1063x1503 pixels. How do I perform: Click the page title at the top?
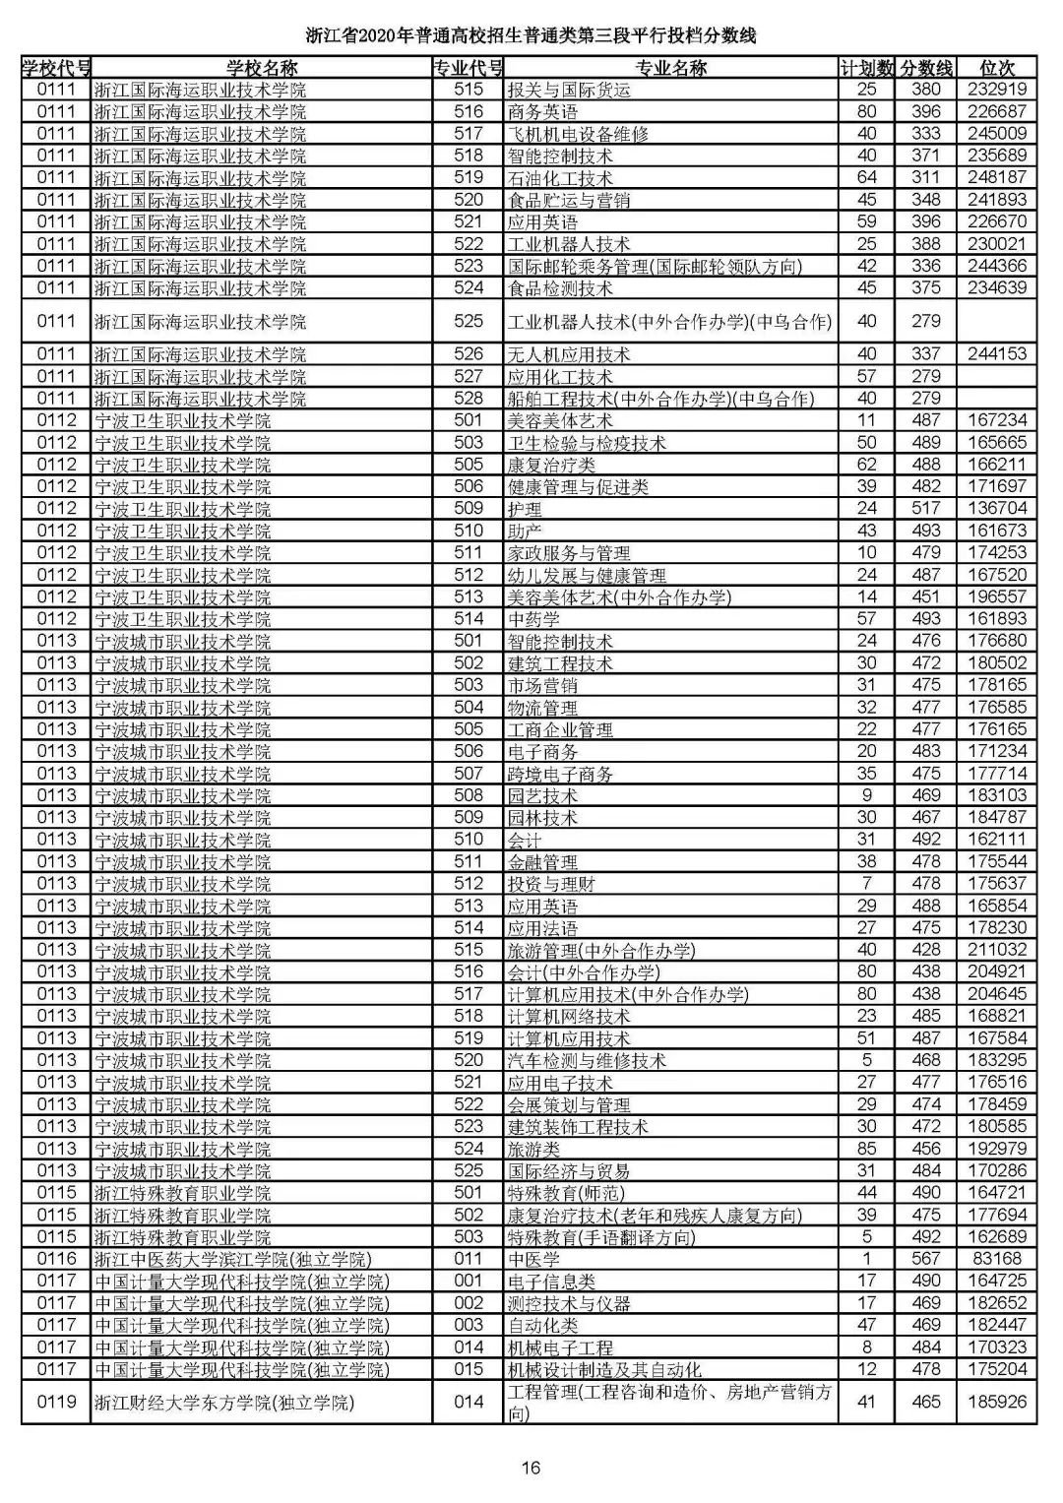click(531, 37)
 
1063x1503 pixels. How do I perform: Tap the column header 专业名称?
click(670, 68)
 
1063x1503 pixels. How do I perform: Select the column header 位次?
click(996, 68)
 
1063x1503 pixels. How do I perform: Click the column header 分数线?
click(925, 68)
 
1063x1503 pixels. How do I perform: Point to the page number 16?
click(531, 1469)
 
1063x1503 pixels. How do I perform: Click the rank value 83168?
click(996, 1259)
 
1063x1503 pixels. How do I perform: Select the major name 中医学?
click(533, 1260)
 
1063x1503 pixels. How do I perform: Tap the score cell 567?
click(925, 1259)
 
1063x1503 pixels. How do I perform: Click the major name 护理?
click(525, 509)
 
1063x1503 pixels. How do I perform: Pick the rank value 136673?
click(996, 509)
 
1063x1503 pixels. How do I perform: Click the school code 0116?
click(56, 1259)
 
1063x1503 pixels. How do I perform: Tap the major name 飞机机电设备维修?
click(578, 134)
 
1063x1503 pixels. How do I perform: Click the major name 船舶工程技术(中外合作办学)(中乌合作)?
click(660, 399)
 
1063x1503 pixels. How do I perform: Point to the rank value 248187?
click(996, 178)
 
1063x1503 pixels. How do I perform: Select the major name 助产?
click(525, 531)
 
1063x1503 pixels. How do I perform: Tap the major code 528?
click(469, 399)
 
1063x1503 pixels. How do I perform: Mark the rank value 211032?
click(996, 950)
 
